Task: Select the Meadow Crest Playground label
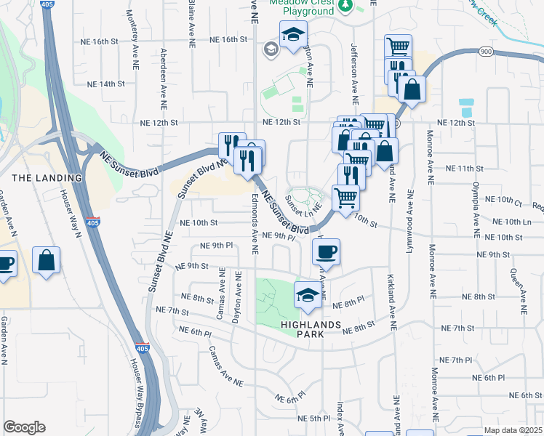301,7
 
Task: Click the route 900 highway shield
487,51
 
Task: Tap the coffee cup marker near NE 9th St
326,251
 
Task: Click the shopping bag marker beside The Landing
47,261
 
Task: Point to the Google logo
24,427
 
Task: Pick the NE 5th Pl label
315,419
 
